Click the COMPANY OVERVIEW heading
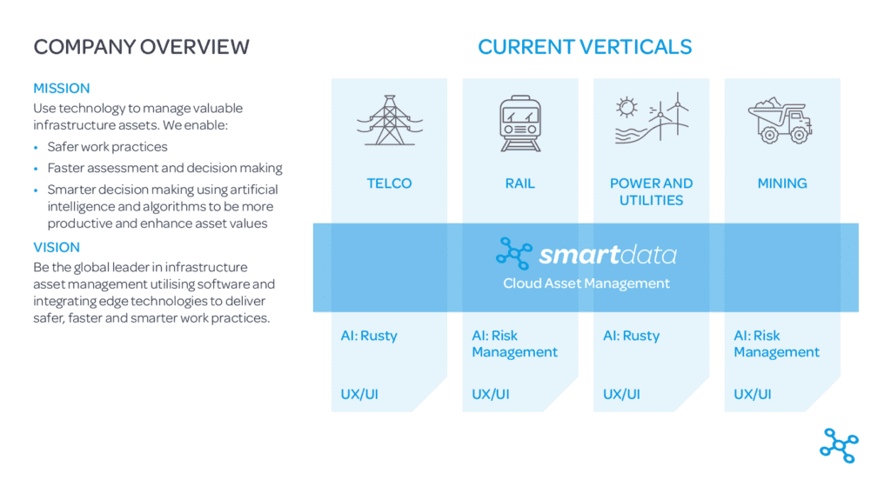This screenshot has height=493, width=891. [x=142, y=47]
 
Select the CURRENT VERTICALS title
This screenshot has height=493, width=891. [x=585, y=47]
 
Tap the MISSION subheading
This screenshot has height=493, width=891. [x=62, y=89]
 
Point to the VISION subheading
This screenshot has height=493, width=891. [x=57, y=248]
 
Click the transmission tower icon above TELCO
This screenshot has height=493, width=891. [x=390, y=120]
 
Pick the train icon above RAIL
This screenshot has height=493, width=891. [x=520, y=123]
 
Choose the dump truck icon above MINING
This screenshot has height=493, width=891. [x=780, y=120]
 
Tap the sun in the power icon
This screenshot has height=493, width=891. [x=626, y=107]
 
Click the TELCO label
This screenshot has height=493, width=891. [x=389, y=183]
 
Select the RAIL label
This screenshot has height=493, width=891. [x=520, y=183]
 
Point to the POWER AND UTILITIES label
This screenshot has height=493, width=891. [x=651, y=192]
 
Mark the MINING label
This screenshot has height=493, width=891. [x=782, y=183]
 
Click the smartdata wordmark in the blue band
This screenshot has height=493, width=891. [x=607, y=255]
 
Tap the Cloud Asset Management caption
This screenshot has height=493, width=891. [x=586, y=283]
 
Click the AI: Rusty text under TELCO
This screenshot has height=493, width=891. [x=369, y=336]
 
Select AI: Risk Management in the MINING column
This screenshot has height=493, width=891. [x=776, y=344]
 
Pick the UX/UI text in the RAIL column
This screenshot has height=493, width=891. [x=491, y=394]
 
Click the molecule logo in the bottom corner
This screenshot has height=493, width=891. [x=840, y=445]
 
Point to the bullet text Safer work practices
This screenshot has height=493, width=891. [x=107, y=147]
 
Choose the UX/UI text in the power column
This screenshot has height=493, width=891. [x=621, y=394]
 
